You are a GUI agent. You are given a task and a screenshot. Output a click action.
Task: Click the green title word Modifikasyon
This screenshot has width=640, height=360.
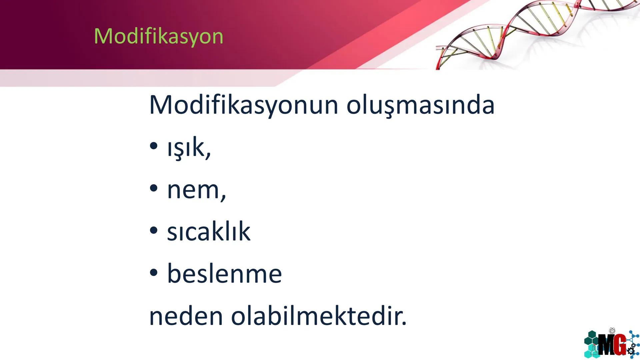pos(158,36)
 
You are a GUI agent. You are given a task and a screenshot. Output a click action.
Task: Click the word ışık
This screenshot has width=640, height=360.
pos(186,148)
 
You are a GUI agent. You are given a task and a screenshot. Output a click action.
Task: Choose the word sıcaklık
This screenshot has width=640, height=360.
pos(209,231)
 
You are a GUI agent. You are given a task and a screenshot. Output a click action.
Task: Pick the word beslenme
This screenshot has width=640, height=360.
pos(224,274)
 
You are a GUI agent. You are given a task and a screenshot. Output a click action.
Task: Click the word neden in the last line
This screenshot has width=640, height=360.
pos(186,316)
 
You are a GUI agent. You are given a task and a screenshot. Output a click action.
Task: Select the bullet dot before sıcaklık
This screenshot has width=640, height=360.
pos(153,230)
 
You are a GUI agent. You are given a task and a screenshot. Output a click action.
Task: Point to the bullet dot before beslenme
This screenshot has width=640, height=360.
pos(153,273)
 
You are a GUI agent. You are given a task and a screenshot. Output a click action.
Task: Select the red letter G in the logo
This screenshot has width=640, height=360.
pos(619,345)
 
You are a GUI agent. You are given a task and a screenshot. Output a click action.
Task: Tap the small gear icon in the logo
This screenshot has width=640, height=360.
pos(631,351)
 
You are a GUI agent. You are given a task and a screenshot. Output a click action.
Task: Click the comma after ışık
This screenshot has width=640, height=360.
pos(208,156)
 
